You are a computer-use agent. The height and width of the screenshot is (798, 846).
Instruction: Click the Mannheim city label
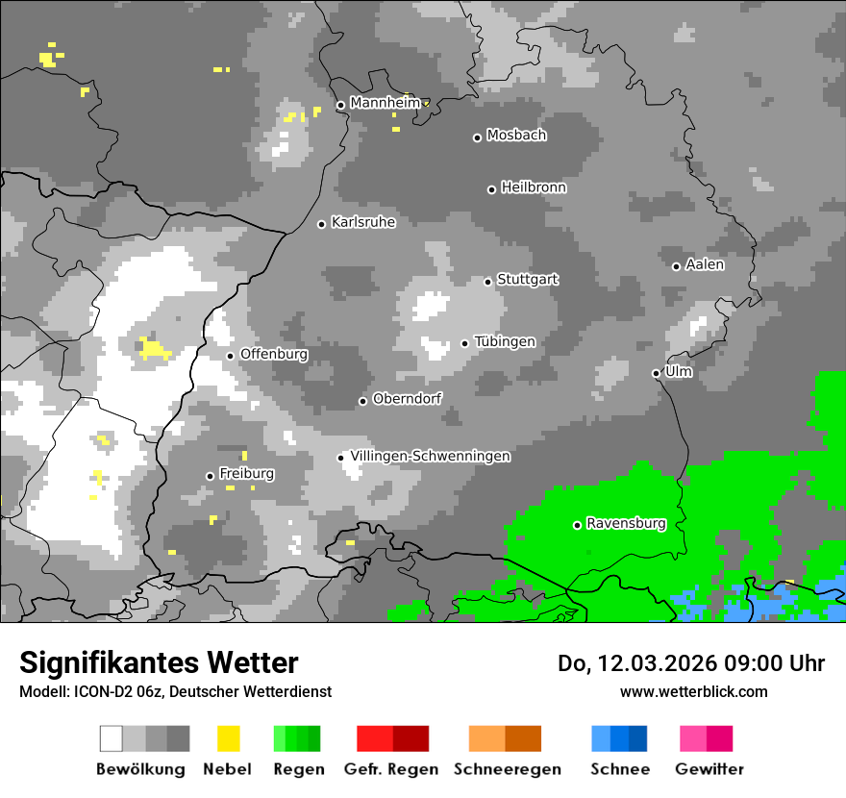pyautogui.click(x=386, y=103)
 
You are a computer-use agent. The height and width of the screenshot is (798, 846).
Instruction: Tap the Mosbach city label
pyautogui.click(x=516, y=136)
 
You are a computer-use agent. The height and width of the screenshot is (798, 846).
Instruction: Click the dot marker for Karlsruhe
pyautogui.click(x=322, y=224)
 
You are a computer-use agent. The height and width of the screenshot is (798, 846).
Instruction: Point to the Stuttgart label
pyautogui.click(x=528, y=280)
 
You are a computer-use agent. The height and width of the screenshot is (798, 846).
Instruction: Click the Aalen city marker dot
pyautogui.click(x=676, y=266)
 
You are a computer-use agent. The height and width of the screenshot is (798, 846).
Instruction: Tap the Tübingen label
pyautogui.click(x=505, y=342)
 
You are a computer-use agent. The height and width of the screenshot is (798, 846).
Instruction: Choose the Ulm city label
pyautogui.click(x=679, y=371)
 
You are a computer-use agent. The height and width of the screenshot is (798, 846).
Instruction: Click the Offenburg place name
pyautogui.click(x=274, y=354)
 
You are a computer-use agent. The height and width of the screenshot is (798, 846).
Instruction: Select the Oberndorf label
pyautogui.click(x=408, y=399)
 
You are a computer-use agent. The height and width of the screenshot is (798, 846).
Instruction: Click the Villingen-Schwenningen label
pyautogui.click(x=430, y=457)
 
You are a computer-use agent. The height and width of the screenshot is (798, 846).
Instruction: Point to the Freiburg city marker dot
pyautogui.click(x=210, y=476)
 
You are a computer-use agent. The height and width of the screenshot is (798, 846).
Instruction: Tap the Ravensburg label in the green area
pyautogui.click(x=626, y=524)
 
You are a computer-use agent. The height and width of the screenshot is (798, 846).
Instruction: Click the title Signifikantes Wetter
pyautogui.click(x=159, y=662)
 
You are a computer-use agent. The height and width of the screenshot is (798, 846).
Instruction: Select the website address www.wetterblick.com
pyautogui.click(x=693, y=691)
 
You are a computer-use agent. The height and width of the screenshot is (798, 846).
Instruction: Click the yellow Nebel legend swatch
pyautogui.click(x=228, y=738)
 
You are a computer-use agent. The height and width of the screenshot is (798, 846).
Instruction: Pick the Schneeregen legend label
pyautogui.click(x=507, y=769)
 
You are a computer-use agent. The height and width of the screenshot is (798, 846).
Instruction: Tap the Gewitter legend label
pyautogui.click(x=709, y=769)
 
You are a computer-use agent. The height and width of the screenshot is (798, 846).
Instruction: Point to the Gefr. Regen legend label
pyautogui.click(x=391, y=769)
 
